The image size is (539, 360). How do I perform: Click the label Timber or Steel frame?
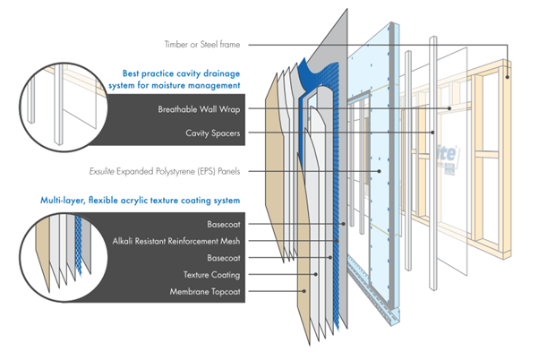tap(202, 45)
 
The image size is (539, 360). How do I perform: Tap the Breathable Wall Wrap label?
tap(199, 109)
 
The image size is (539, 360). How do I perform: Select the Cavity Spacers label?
tap(213, 133)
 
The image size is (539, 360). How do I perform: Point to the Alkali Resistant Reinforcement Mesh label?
tap(176, 241)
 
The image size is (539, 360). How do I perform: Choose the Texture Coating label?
tap(211, 275)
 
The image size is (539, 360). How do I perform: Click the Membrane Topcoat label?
tap(205, 292)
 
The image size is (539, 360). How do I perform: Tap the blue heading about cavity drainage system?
tap(175, 80)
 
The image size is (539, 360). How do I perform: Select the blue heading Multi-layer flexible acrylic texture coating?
tap(141, 200)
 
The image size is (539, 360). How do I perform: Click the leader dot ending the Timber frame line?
tap(507, 77)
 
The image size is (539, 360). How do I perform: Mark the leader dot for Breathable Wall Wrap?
tap(449, 108)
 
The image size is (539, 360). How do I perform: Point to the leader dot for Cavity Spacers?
tap(432, 132)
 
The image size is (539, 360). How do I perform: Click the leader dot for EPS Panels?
tap(379, 171)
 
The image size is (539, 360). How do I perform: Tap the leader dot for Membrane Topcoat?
tap(304, 291)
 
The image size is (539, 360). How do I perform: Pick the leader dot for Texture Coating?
tap(315, 274)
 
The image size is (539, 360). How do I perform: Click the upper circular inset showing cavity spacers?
tap(64, 107)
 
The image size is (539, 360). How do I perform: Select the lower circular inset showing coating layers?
tap(64, 257)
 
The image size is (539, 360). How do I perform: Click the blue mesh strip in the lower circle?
tap(79, 244)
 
